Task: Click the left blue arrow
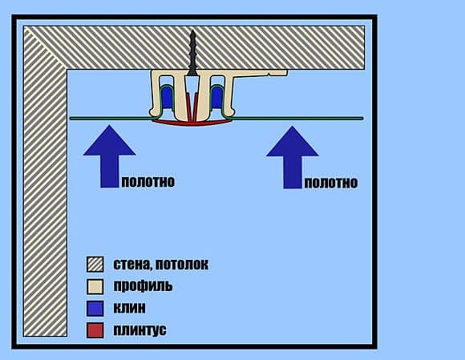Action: [109, 156]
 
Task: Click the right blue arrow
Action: [292, 157]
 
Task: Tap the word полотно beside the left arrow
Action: [148, 181]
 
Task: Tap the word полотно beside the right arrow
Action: [331, 182]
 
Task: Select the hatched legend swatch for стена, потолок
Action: [95, 265]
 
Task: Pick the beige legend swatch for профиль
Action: [95, 286]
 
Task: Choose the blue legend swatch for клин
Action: [95, 309]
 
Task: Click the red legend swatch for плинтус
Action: [95, 330]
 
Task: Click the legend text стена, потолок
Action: [161, 265]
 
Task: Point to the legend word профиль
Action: [143, 286]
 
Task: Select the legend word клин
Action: [130, 308]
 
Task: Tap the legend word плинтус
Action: [139, 330]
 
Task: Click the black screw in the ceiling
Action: [192, 53]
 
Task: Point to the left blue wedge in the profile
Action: [168, 95]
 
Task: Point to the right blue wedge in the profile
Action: [216, 95]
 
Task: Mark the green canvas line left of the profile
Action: [111, 119]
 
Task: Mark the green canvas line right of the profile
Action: [297, 119]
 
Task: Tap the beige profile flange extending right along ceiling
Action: [261, 73]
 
